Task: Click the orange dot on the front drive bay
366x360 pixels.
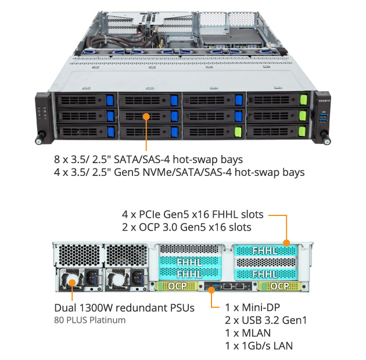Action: (146, 117)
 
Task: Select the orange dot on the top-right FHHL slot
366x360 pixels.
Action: (286, 243)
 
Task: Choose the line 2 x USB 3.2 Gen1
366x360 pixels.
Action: (265, 320)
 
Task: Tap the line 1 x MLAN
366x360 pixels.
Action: (247, 333)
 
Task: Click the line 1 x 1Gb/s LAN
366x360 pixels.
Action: (259, 345)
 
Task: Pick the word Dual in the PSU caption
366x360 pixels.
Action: (66, 307)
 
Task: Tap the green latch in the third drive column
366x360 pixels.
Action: (238, 131)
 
